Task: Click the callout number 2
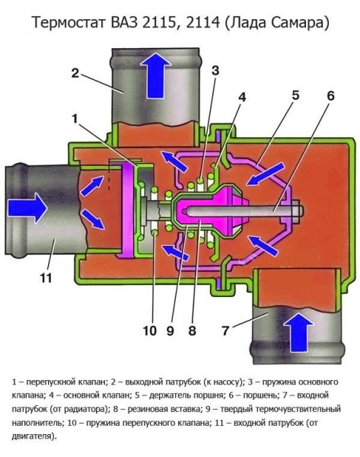75,74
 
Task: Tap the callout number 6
330,96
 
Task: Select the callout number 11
46,278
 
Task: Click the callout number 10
149,330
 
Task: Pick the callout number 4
243,96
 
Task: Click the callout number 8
193,330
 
